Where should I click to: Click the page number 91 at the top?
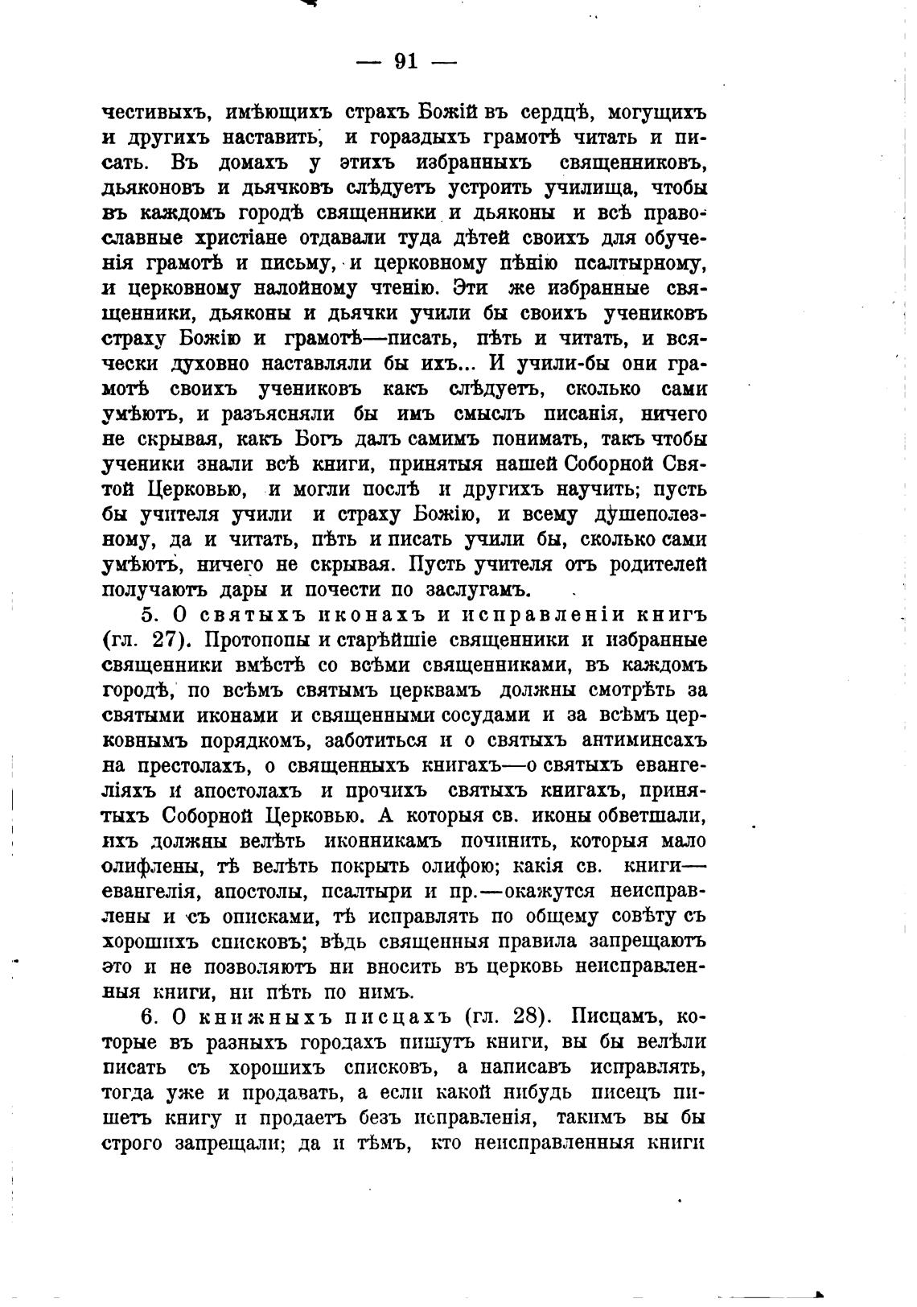point(406,62)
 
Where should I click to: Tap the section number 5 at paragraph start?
point(147,615)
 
